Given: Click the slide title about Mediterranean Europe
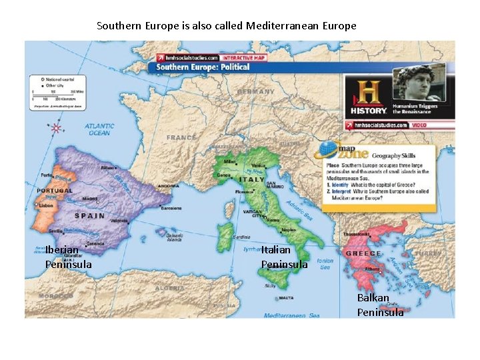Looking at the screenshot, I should (x=227, y=26).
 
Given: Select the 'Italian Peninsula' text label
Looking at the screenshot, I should (x=285, y=257).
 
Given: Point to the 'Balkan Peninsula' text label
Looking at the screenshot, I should (x=380, y=305).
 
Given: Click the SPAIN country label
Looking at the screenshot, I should (x=89, y=216).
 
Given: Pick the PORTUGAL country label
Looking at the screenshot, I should (x=55, y=191).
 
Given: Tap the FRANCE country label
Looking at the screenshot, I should (x=181, y=138).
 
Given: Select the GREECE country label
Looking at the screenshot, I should (x=362, y=254).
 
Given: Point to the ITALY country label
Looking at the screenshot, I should (x=252, y=180).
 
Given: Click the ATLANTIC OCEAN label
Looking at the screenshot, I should (x=99, y=129).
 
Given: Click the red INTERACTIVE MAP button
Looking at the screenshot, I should (x=244, y=58).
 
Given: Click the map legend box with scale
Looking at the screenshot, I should (x=59, y=91).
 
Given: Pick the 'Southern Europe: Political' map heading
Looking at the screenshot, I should (x=203, y=67).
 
